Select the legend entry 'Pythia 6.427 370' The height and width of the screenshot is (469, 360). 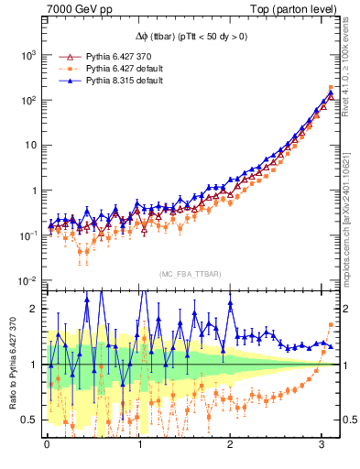click(x=125, y=56)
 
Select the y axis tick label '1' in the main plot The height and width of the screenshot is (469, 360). click(x=34, y=191)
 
